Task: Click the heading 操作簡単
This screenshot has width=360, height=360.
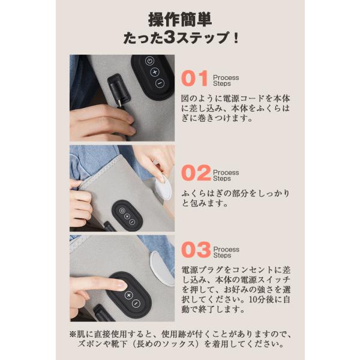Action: pos(180,20)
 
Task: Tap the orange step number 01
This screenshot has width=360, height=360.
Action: pos(194,78)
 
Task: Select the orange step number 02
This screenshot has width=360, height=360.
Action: pos(196,173)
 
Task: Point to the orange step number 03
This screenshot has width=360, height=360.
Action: pos(196,250)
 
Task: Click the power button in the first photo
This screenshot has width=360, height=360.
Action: pos(149,61)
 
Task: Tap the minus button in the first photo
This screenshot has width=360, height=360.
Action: pos(160,83)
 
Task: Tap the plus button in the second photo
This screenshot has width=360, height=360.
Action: pos(127,216)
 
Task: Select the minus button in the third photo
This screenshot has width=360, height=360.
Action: pos(136,304)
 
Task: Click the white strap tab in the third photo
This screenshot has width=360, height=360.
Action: pos(162,269)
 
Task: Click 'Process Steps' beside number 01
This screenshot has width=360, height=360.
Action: pos(226,80)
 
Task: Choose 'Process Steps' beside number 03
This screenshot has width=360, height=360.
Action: pos(226,253)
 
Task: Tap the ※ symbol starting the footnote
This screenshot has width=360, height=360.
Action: pos(73,334)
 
